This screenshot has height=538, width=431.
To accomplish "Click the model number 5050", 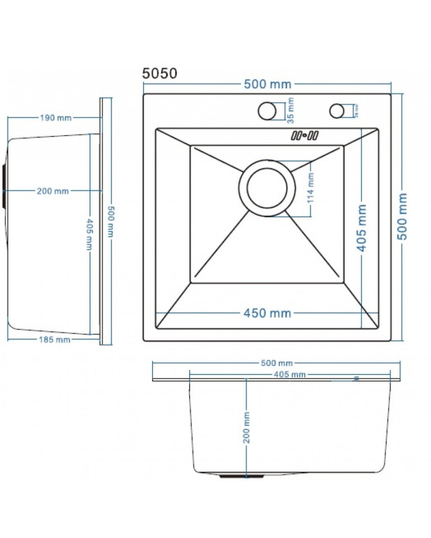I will pos(159,74).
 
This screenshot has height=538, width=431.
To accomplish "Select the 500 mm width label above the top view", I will pos(267,84).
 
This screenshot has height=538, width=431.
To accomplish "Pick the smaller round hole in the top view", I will pos(337,110).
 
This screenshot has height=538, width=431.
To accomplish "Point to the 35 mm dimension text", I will pos(290,110).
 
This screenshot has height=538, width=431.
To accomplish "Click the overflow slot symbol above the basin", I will pos(305,136).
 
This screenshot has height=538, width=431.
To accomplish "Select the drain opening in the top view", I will pos(267,188).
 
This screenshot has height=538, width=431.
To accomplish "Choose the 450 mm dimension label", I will pos(267,313).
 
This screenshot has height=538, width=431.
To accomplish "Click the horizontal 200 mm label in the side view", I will pos(53,191).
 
